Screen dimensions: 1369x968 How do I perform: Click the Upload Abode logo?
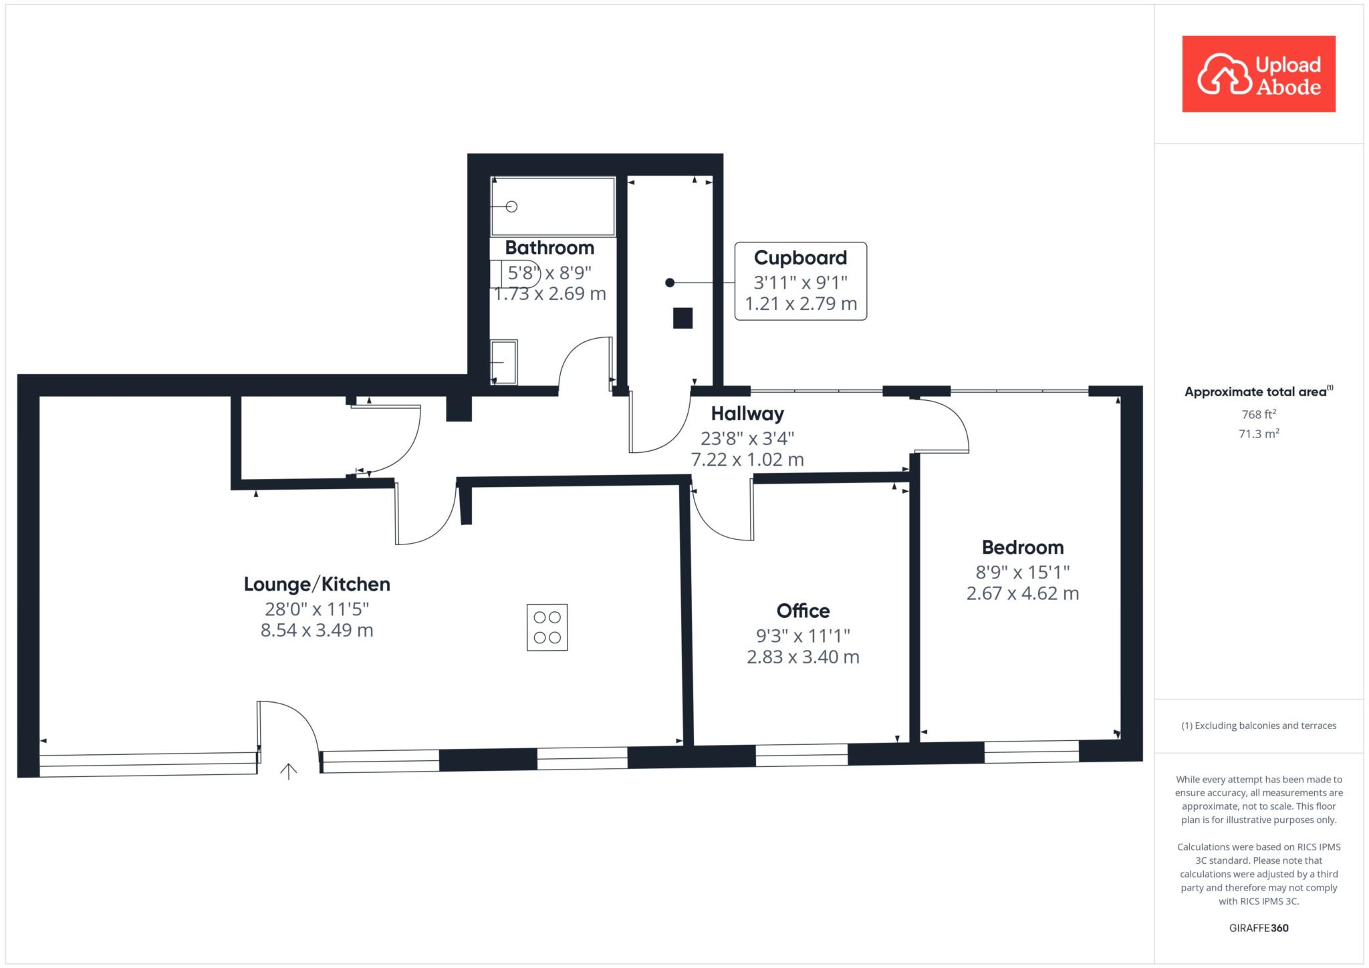tap(1259, 74)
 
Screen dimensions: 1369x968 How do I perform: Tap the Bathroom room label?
tap(549, 248)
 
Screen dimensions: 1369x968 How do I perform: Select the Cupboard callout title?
tap(800, 258)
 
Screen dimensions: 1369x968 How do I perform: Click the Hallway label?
tap(747, 414)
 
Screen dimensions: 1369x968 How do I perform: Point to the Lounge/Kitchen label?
tap(317, 585)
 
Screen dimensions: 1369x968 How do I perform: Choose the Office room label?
tap(803, 611)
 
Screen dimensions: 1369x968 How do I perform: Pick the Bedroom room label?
tap(1023, 548)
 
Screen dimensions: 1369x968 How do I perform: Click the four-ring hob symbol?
tap(547, 627)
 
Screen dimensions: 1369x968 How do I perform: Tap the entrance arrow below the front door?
tap(288, 772)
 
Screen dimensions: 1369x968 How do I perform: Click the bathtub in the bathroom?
tap(553, 206)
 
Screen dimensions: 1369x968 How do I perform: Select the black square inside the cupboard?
tap(682, 318)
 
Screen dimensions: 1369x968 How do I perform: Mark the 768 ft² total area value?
tap(1259, 414)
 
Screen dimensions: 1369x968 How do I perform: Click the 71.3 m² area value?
tap(1259, 434)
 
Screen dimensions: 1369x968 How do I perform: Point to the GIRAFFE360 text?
tap(1259, 928)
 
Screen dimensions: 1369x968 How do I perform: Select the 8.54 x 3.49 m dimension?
tap(317, 630)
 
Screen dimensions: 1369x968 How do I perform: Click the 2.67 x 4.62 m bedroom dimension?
tap(1023, 593)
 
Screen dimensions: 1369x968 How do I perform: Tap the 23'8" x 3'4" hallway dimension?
tap(747, 438)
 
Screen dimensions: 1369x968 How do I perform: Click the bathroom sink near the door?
tap(503, 362)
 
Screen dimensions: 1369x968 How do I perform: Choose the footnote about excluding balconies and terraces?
tap(1259, 725)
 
